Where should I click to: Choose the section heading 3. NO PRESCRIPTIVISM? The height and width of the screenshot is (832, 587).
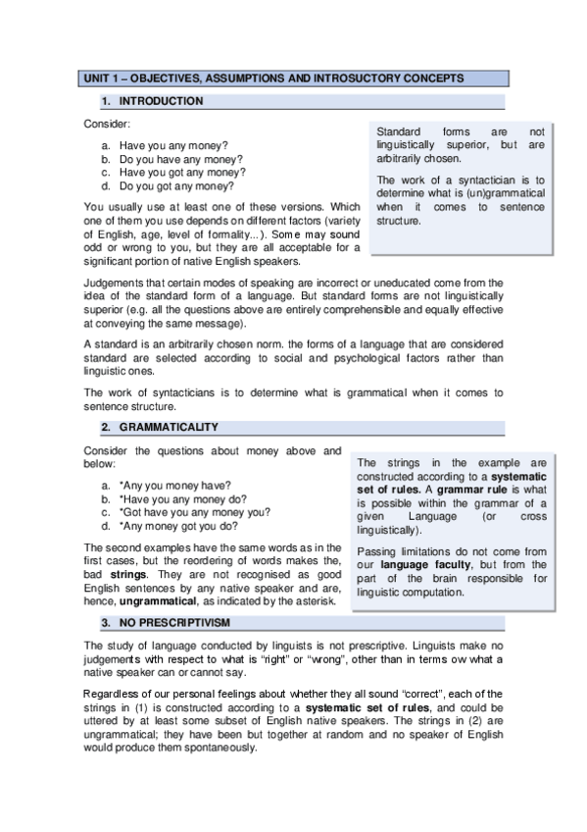click(x=175, y=623)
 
